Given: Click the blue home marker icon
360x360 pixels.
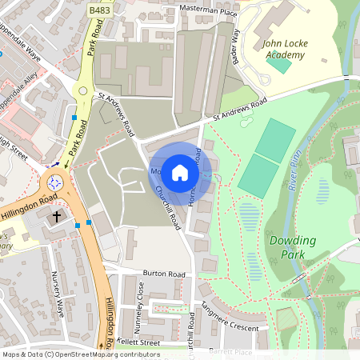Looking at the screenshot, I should pos(180,172).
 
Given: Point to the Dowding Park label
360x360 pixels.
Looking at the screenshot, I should pos(292,246).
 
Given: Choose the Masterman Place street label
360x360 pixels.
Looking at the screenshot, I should pos(199,10).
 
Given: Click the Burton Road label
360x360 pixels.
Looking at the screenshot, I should pos(164,274).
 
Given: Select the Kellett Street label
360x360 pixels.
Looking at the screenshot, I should pos(141,342).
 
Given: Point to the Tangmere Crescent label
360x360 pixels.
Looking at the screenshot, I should pos(230,319).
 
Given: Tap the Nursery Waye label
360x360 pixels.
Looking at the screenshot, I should pos(57,292).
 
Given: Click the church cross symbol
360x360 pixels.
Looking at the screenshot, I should pos(57,216).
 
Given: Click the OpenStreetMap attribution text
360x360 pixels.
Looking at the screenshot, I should pos(80,354).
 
